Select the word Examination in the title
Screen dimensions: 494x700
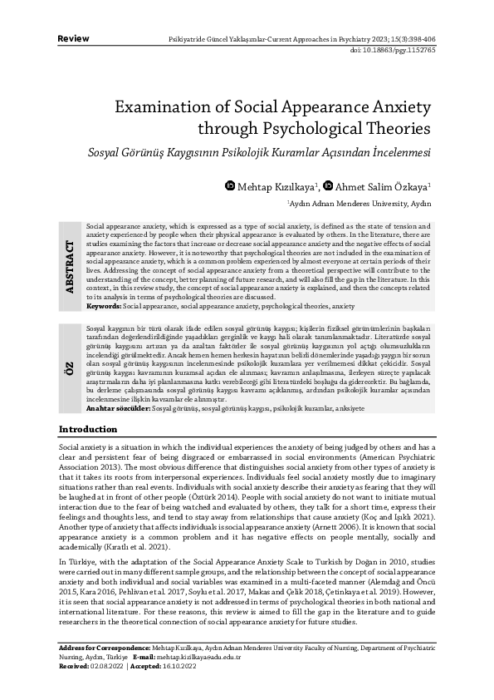(x=168, y=108)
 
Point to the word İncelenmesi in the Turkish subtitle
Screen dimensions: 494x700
(x=390, y=154)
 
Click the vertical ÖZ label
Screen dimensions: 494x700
(x=69, y=366)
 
